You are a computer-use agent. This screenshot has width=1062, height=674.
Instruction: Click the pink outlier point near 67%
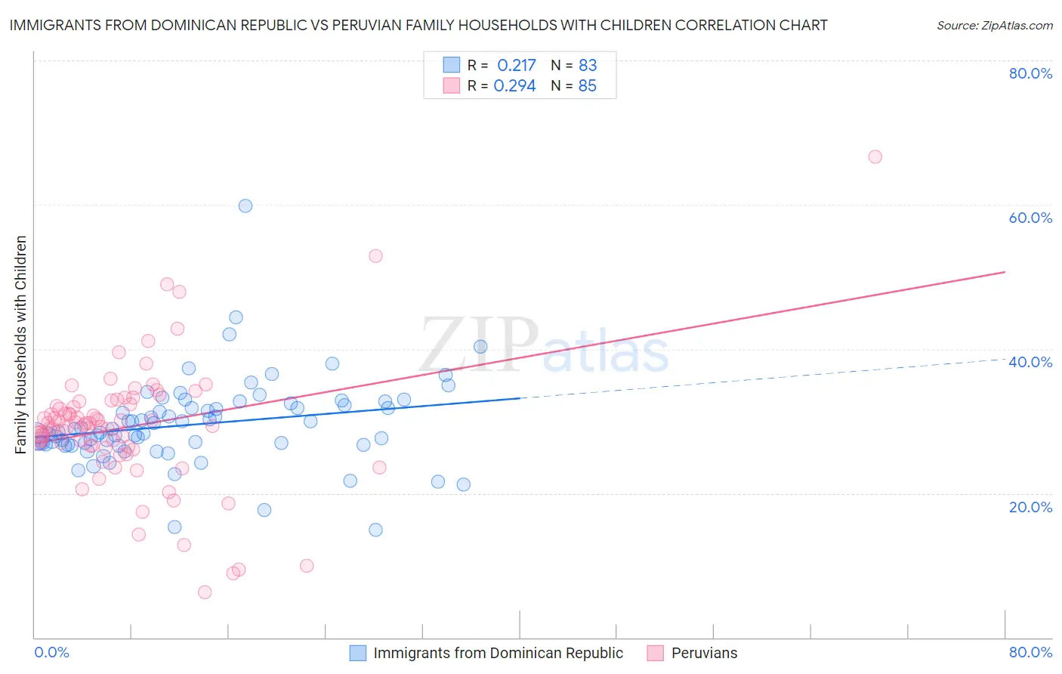coord(875,156)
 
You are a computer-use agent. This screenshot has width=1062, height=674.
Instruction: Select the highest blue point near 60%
coord(245,206)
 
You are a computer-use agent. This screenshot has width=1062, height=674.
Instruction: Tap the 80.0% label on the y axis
coord(1030,73)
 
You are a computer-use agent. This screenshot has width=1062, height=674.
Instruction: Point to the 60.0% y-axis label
coord(1030,218)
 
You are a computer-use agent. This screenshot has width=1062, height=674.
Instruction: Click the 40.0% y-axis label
coord(1030,362)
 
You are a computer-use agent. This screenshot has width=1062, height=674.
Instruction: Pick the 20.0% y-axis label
coord(1030,507)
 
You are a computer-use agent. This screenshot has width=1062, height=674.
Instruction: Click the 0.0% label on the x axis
coord(52,653)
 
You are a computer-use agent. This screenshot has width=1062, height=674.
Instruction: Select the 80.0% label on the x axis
coord(1030,653)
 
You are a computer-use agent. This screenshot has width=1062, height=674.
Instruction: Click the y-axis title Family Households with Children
coord(21,345)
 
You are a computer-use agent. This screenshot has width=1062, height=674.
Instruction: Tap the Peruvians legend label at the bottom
coord(704,653)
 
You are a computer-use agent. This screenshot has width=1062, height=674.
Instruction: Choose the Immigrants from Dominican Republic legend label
coord(498,653)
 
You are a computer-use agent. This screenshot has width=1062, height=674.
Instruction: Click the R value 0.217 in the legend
coord(517,65)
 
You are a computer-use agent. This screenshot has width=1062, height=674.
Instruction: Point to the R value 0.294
coord(514,86)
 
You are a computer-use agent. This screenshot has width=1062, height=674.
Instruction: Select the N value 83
coord(588,65)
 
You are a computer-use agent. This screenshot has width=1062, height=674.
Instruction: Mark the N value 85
coord(588,86)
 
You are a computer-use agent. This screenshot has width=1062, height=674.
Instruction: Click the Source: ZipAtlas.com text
coord(994,26)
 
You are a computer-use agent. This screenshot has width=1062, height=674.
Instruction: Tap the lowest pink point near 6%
coord(205,592)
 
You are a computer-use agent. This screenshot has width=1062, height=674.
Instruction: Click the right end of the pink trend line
coord(1005,271)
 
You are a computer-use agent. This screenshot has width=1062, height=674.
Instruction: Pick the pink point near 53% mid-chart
coord(375,256)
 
